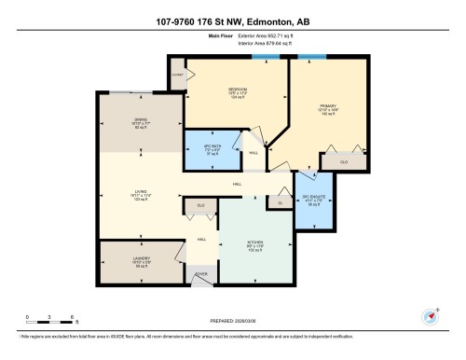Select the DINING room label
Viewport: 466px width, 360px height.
click(141, 121)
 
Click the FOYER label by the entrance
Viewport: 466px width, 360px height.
click(200, 274)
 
